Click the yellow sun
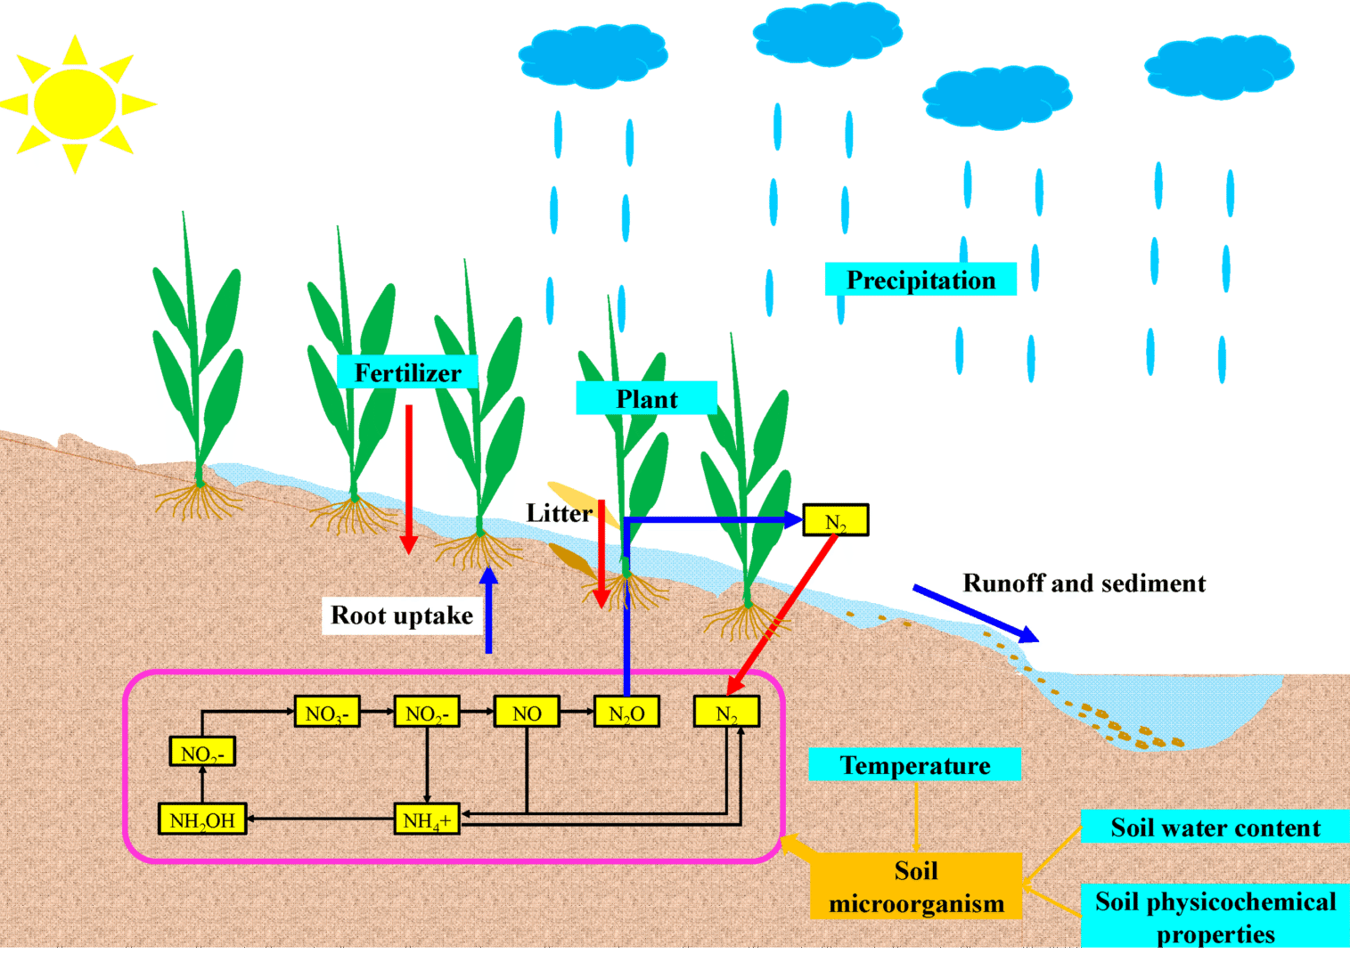76,103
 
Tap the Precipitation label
920,280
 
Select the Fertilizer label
407,372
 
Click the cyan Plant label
646,398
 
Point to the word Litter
559,513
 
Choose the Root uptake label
401,616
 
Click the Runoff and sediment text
1084,583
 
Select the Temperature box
914,765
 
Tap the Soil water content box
1215,827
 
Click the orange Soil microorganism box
916,886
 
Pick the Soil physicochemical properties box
1215,917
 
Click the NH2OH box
202,819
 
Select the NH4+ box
427,819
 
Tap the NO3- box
327,713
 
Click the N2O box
626,713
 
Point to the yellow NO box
527,713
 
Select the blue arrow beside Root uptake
488,610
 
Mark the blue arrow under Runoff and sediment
976,613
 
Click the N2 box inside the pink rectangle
726,713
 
